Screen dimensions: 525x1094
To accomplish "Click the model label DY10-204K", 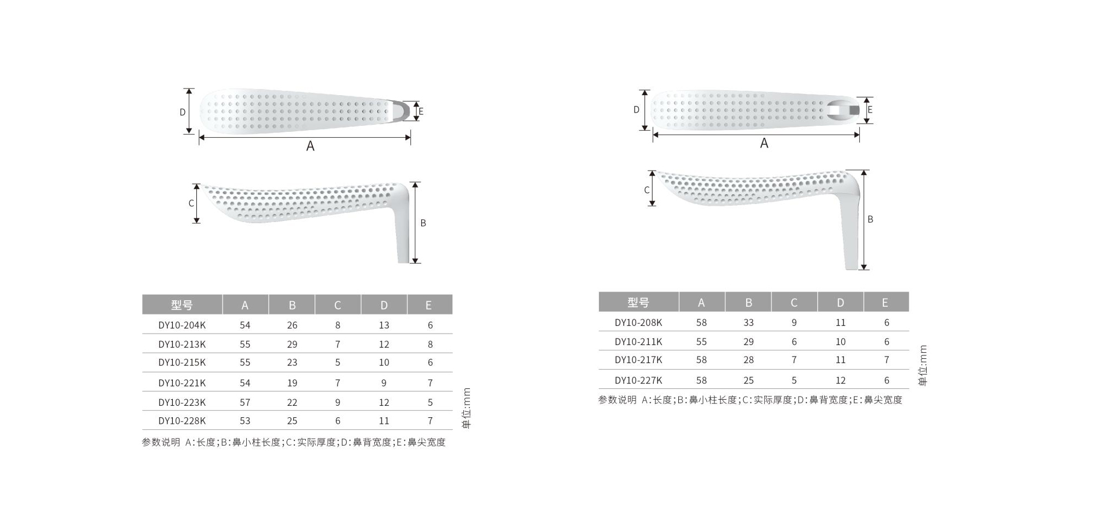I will (182, 325).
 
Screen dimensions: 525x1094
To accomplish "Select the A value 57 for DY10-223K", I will (245, 402).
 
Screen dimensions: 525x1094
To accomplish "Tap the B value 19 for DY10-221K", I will (292, 383).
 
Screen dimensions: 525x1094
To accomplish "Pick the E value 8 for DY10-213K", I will (430, 345).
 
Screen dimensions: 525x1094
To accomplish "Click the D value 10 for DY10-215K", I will (384, 363).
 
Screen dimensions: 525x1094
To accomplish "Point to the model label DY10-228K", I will (182, 421).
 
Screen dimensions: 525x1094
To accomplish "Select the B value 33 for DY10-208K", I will (748, 323).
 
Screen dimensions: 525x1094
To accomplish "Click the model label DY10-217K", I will (638, 360).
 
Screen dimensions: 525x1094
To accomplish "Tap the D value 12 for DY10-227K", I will (841, 381).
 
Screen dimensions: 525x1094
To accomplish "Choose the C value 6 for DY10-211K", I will (794, 342).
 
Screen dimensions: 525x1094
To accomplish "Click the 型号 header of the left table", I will (182, 305).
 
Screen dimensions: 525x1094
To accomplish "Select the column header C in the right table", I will (794, 302).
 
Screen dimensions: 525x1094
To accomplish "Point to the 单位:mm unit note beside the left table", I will (467, 408).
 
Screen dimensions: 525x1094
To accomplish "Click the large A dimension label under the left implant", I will (310, 146).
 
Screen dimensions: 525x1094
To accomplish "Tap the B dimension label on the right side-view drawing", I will (870, 219).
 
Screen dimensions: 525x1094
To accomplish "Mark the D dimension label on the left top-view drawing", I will (183, 112).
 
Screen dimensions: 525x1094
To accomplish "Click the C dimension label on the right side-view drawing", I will (647, 190).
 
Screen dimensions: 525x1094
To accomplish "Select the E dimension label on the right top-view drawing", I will (870, 110).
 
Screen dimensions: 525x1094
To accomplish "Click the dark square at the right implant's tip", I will (854, 110).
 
